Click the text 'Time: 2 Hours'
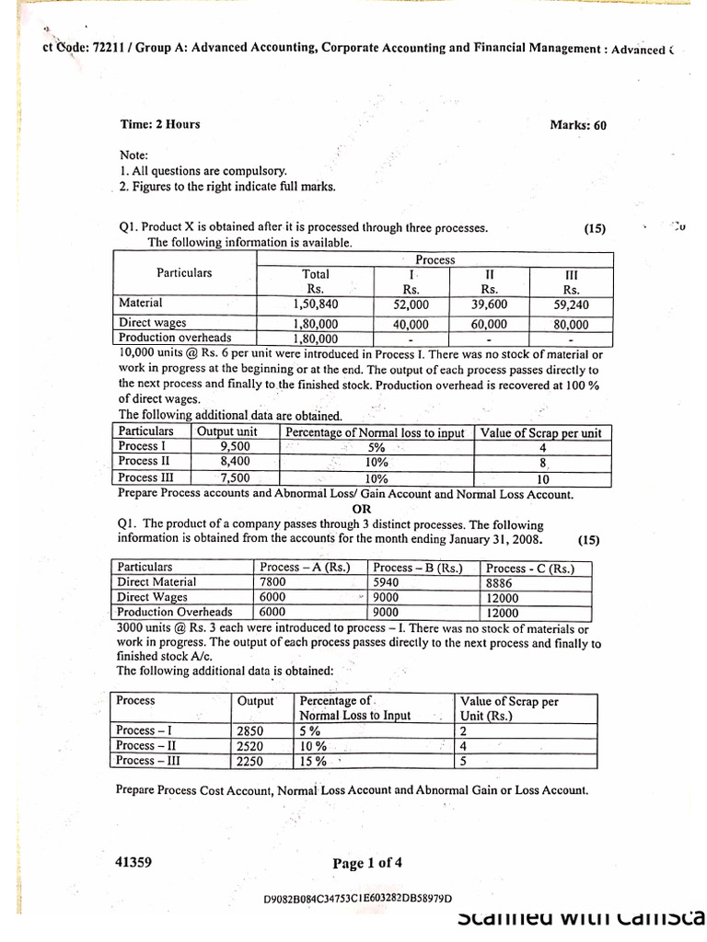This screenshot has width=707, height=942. pyautogui.click(x=159, y=124)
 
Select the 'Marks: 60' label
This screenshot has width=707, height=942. pyautogui.click(x=578, y=125)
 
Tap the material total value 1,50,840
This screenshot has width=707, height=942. pyautogui.click(x=315, y=304)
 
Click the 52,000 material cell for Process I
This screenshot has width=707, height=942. pyautogui.click(x=411, y=304)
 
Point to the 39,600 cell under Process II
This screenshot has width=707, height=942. pyautogui.click(x=489, y=304)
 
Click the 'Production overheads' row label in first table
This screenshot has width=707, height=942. pyautogui.click(x=175, y=338)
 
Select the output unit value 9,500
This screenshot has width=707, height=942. pyautogui.click(x=235, y=446)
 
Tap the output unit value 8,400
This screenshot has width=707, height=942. pyautogui.click(x=235, y=462)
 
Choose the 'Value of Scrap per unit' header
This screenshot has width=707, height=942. pyautogui.click(x=541, y=432)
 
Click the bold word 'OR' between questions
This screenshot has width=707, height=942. pyautogui.click(x=362, y=509)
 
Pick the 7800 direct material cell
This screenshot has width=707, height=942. pyautogui.click(x=272, y=582)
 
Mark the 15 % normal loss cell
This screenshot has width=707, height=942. pyautogui.click(x=314, y=762)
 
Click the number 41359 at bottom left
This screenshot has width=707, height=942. pyautogui.click(x=133, y=862)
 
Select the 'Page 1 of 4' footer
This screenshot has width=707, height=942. pyautogui.click(x=367, y=863)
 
